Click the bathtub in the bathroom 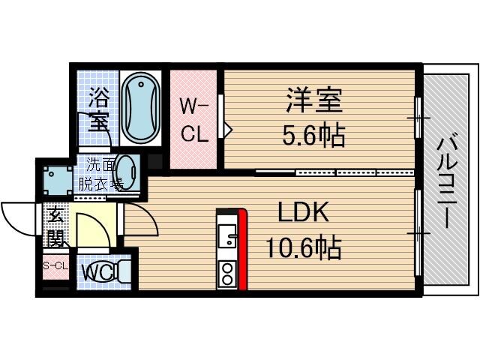tap(139, 107)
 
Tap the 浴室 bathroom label tap(97, 109)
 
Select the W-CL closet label tap(193, 121)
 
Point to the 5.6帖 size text tap(313, 135)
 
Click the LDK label tap(303, 213)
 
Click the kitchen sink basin tap(226, 235)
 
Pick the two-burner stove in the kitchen tap(226, 273)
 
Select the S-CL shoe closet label tap(55, 266)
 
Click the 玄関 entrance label tap(56, 226)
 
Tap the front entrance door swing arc tap(19, 217)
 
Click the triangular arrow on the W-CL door tap(228, 130)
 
